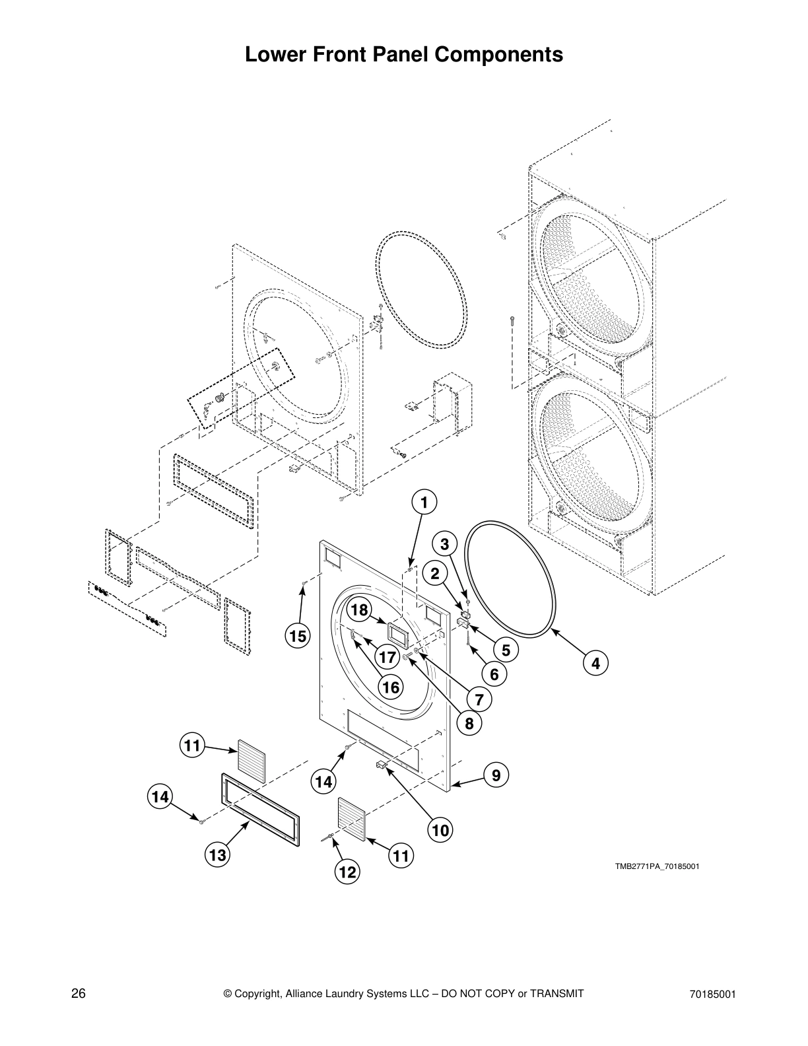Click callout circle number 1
(x=424, y=503)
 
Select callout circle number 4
(x=595, y=663)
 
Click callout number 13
(x=217, y=856)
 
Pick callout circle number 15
(x=298, y=636)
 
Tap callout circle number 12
(x=347, y=872)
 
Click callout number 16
(x=390, y=687)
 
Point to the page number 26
(x=79, y=994)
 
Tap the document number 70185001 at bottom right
(x=712, y=994)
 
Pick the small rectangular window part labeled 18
(x=397, y=634)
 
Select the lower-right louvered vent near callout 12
(x=352, y=819)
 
